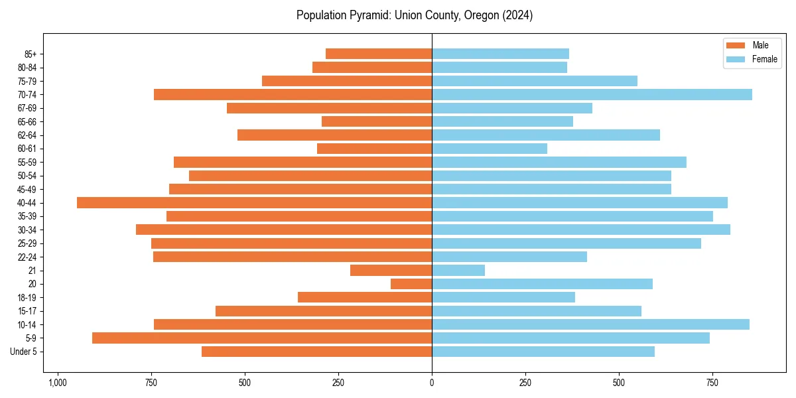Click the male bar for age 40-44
254,202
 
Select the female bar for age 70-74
592,94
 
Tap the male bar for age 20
411,284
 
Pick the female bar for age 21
458,270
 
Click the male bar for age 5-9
262,338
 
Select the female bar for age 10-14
590,324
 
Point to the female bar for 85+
500,54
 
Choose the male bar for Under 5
316,352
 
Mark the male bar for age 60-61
374,149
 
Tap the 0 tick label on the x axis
432,383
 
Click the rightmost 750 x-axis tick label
712,383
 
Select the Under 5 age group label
23,352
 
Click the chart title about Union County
415,15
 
